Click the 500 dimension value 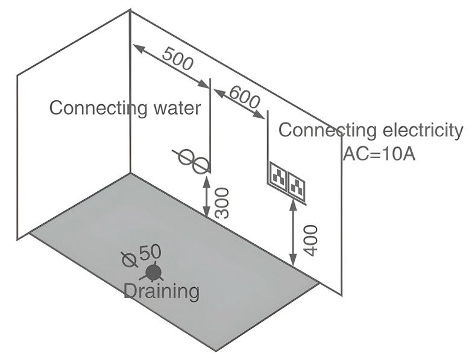pyautogui.click(x=178, y=59)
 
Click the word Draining pyautogui.click(x=162, y=291)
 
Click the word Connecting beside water pyautogui.click(x=96, y=109)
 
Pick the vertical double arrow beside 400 pyautogui.click(x=294, y=235)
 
